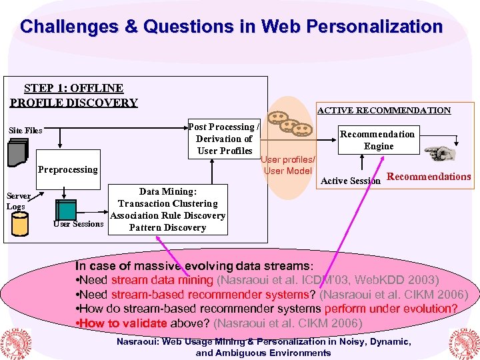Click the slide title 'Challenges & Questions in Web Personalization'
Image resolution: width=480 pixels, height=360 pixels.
(231, 27)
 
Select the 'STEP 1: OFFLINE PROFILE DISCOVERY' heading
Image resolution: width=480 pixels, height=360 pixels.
(73, 95)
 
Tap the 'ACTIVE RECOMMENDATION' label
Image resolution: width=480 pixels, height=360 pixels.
(383, 111)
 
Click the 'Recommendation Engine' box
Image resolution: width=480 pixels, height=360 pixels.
(378, 140)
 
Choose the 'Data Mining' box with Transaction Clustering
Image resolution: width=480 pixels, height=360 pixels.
(167, 209)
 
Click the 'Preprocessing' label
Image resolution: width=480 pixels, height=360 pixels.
(67, 169)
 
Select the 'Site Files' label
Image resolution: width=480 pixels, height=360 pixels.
(25, 131)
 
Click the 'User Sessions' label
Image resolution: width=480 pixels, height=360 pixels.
(79, 224)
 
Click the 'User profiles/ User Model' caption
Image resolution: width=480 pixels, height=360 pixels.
(288, 165)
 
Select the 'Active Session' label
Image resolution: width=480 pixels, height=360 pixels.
(351, 181)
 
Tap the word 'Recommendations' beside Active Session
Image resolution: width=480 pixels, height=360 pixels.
(429, 177)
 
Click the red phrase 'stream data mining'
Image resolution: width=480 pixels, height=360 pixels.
(162, 280)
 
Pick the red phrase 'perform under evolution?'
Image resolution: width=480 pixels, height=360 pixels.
(391, 309)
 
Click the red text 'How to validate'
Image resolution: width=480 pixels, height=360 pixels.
(124, 323)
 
